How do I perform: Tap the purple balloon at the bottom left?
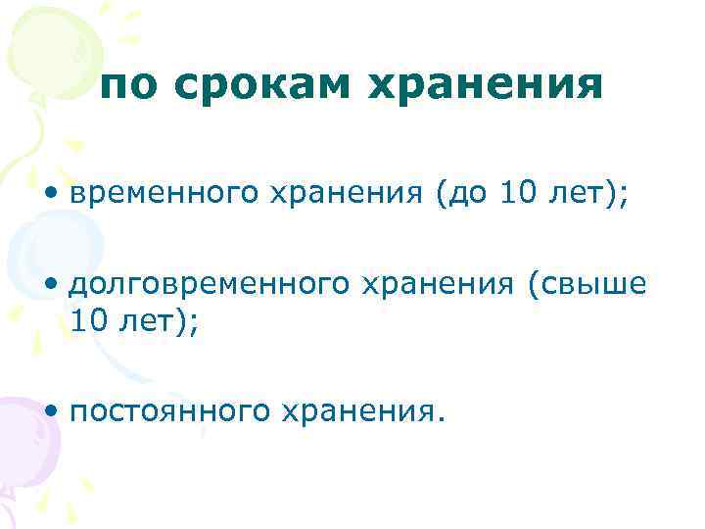point(24,441)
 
